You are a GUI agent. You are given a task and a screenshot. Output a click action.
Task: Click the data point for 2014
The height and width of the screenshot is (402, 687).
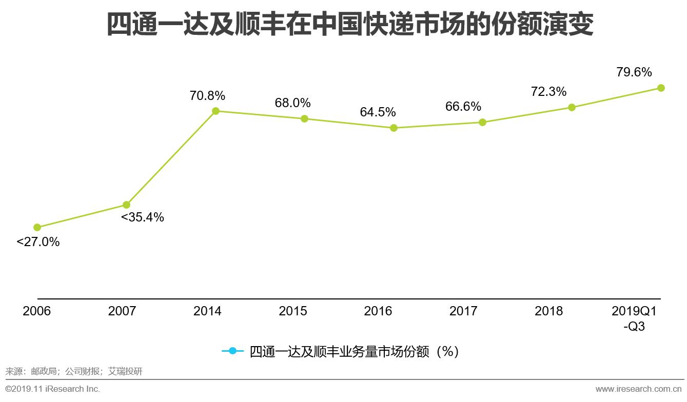tap(215, 111)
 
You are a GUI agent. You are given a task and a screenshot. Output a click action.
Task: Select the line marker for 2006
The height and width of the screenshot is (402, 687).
tap(37, 227)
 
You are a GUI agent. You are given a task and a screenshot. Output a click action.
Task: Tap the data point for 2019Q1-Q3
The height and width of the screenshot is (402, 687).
tap(661, 88)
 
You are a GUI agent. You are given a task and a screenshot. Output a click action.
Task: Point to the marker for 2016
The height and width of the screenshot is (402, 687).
tap(394, 128)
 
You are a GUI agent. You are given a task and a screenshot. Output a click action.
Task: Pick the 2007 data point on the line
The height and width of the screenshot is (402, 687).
tap(126, 205)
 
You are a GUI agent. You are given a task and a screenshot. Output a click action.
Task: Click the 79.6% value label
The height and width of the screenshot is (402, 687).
tap(634, 72)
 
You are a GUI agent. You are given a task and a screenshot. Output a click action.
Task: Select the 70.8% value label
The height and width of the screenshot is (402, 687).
tap(207, 95)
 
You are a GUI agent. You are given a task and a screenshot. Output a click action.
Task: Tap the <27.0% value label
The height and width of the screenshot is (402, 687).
tap(38, 242)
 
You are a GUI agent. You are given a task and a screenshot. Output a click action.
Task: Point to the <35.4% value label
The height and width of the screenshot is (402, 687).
tap(143, 217)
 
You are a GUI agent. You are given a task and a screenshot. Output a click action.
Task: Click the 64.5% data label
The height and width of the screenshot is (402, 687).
tap(378, 112)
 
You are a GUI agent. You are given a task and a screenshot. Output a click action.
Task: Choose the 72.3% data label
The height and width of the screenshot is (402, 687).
tap(549, 92)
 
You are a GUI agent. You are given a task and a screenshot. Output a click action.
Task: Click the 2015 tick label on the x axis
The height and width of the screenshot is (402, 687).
tap(293, 311)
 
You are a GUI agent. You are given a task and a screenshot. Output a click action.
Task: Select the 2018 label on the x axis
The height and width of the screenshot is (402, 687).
tap(548, 311)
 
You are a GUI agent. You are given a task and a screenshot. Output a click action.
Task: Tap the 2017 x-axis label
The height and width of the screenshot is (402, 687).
tap(463, 311)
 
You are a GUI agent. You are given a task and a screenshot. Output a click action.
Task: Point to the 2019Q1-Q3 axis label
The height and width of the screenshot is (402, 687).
tap(634, 318)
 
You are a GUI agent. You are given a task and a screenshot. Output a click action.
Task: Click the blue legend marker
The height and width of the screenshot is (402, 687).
tap(232, 351)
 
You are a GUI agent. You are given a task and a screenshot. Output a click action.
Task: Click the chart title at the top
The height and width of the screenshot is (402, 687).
tap(350, 24)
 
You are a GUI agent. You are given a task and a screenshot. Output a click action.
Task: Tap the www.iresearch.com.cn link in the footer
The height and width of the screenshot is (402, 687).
tap(639, 389)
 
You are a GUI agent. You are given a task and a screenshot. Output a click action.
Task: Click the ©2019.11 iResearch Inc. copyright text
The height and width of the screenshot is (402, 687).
tap(53, 389)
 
